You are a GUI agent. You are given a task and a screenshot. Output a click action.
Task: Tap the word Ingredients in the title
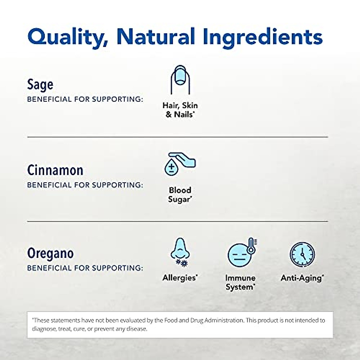[264, 37]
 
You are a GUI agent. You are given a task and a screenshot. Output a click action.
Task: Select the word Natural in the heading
[156, 37]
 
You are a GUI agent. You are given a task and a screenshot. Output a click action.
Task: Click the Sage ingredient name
[40, 85]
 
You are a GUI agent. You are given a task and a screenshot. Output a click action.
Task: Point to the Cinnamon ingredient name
[55, 170]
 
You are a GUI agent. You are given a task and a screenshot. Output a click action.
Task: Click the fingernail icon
[180, 79]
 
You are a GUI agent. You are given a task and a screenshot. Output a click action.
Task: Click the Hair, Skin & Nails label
[180, 110]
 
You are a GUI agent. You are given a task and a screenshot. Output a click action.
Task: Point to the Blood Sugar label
[180, 195]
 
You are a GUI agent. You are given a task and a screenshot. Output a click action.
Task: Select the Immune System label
[240, 282]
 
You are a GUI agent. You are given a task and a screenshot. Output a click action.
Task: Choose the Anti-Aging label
[302, 278]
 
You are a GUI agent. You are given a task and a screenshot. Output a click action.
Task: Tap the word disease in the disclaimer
[136, 329]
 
